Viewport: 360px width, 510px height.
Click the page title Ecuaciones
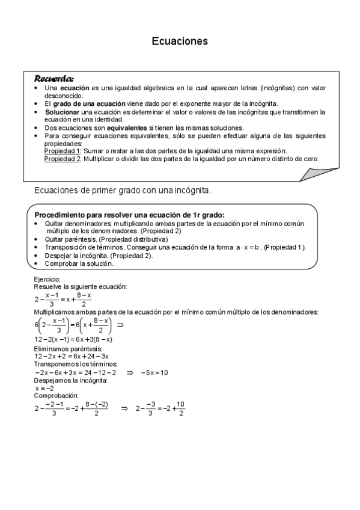[179, 41]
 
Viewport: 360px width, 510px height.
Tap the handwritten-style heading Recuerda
[54, 78]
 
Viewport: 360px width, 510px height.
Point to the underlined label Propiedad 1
[63, 151]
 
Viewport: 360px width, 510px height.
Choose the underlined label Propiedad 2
[63, 159]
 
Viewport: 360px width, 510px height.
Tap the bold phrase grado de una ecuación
[84, 103]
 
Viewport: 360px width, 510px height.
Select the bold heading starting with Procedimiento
[129, 215]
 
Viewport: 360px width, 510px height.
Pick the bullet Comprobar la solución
[79, 263]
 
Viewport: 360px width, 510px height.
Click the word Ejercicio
[47, 280]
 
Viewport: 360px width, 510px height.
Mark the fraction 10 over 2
[181, 408]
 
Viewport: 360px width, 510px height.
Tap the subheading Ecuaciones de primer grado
[123, 191]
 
